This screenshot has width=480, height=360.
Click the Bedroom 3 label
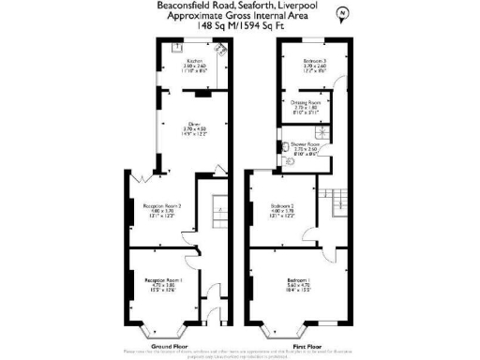point(313,62)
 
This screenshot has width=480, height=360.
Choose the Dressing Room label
point(307,103)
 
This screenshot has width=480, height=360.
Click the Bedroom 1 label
point(301,280)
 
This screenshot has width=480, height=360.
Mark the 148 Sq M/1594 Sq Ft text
point(239,26)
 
